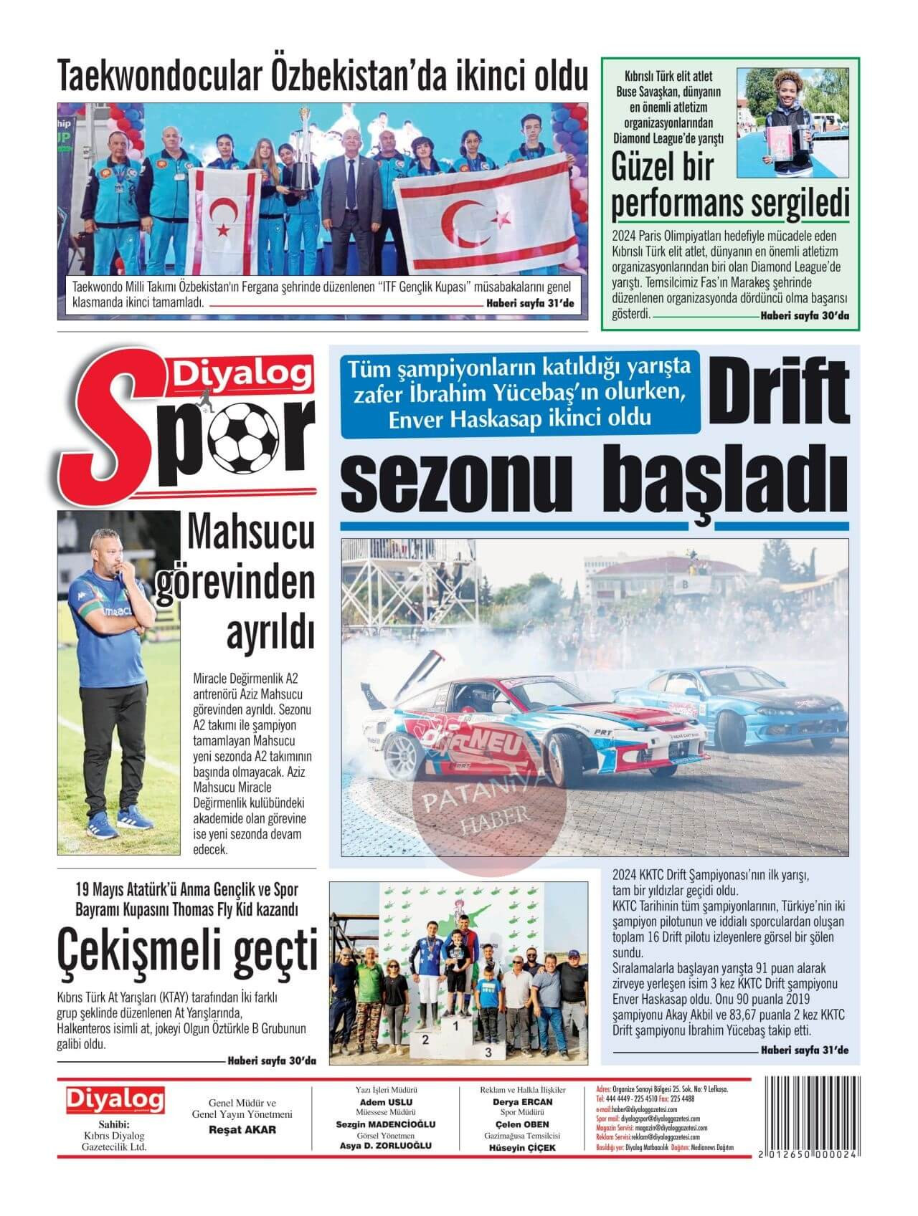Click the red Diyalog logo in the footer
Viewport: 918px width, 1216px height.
(115, 1098)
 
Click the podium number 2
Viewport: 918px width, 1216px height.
(425, 1040)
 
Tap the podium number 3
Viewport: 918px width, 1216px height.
(488, 1053)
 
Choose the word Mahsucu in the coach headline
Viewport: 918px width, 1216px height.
(252, 534)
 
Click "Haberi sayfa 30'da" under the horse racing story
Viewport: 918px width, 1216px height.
(272, 1061)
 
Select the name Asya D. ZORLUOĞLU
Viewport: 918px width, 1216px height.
(385, 1145)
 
